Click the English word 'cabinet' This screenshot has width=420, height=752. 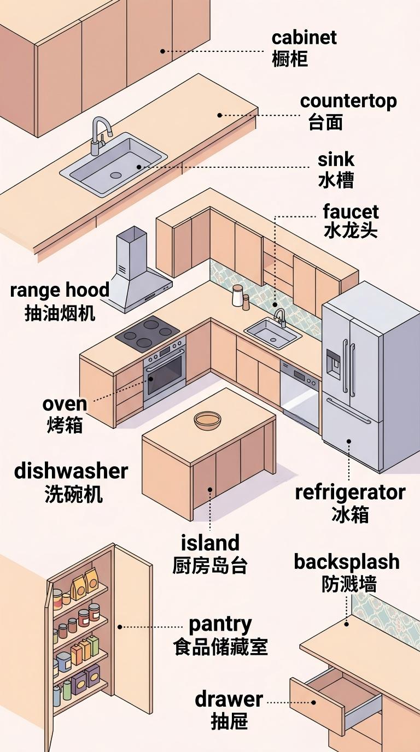pos(304,38)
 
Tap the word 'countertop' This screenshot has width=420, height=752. pos(348,101)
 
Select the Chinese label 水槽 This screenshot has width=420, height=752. pos(336,180)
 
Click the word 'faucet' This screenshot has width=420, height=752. pos(351,211)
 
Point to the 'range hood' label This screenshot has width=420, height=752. pos(60,290)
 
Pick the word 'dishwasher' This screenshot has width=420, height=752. pos(71,471)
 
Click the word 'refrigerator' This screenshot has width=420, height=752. pos(350,493)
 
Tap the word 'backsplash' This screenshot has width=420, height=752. pos(347,562)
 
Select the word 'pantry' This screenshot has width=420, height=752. pos(220,625)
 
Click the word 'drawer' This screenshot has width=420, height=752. pos(229,700)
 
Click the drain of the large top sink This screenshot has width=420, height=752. pos(115,175)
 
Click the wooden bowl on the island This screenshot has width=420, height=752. pos(208,420)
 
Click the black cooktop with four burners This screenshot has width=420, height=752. pos(148,333)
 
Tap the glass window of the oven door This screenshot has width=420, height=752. pos(165,374)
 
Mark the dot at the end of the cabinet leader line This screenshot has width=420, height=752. pos(162,51)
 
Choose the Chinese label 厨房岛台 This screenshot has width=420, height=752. pos(209,566)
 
